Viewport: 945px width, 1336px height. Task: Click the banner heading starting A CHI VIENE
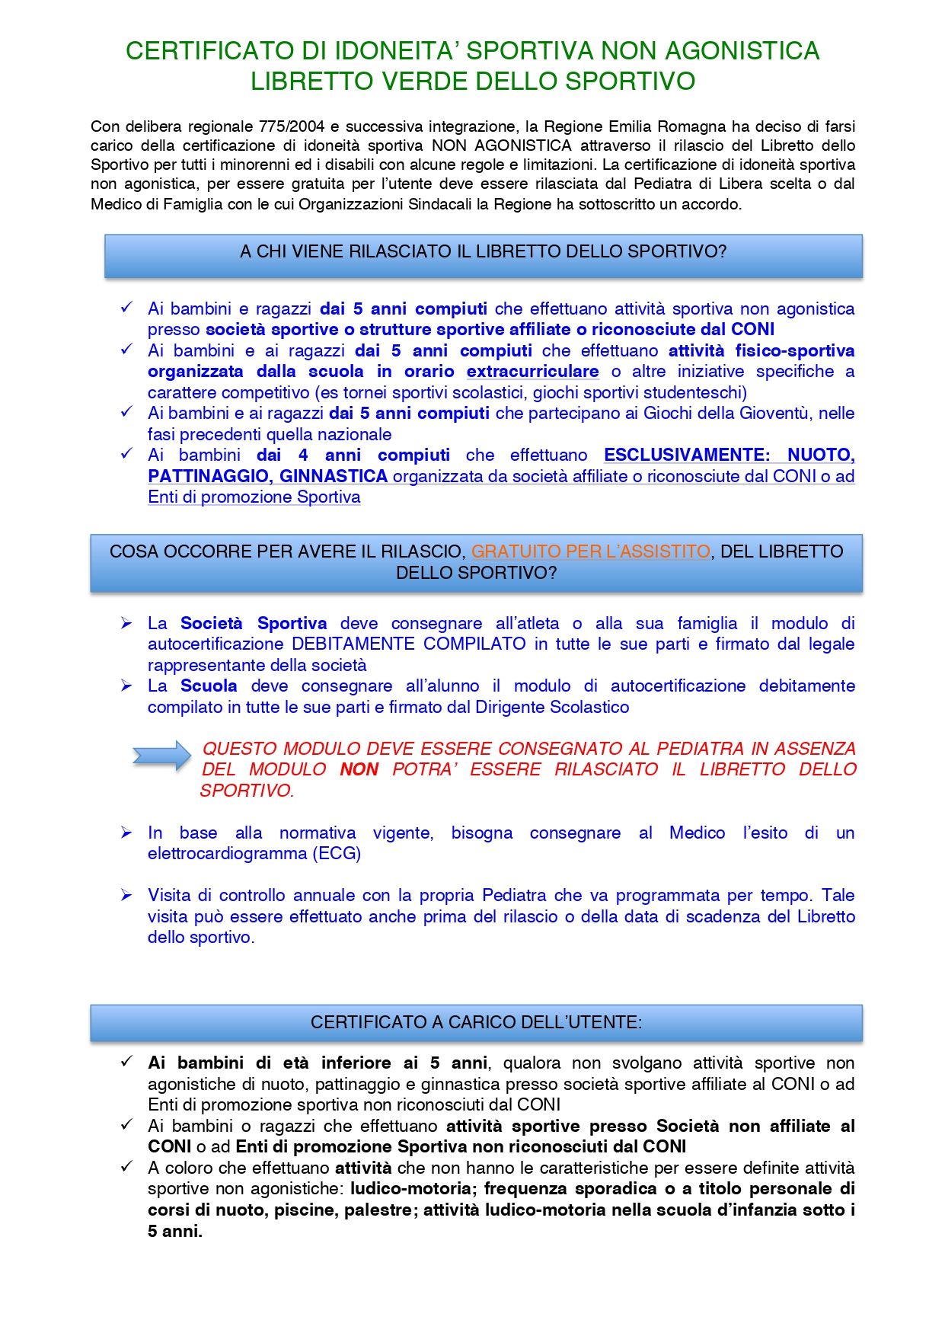point(483,252)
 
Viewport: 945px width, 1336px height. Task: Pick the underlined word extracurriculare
point(532,372)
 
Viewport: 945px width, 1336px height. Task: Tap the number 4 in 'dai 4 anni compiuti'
point(303,455)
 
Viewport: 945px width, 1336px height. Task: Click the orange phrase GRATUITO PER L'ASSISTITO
point(590,551)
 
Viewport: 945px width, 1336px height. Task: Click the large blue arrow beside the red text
point(161,756)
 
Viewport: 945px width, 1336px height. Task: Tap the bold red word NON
point(359,770)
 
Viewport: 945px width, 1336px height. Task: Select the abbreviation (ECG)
point(336,854)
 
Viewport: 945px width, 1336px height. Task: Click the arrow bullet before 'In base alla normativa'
point(126,833)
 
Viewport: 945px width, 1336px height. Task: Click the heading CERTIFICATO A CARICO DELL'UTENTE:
point(476,1022)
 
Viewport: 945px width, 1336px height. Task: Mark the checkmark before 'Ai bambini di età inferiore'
point(126,1062)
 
